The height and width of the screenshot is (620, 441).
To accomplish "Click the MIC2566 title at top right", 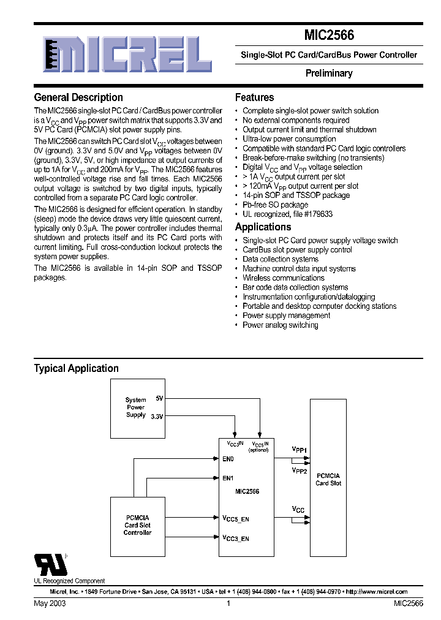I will (x=329, y=36).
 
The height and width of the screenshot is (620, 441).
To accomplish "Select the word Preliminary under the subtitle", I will (x=329, y=74).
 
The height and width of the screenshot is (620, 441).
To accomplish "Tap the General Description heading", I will (x=78, y=97).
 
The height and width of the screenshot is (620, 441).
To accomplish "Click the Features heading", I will (x=254, y=97).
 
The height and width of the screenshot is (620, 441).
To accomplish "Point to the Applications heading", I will (x=263, y=227).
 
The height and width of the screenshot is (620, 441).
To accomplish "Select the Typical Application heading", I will (x=76, y=368).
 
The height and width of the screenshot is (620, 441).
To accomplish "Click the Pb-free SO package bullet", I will (x=275, y=205).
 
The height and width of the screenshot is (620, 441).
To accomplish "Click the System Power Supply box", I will (x=137, y=407).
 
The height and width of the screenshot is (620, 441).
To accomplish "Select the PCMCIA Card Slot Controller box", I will (x=137, y=525).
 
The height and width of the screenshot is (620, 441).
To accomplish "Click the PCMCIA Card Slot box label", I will (x=328, y=479).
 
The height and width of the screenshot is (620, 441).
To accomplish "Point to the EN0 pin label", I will (x=227, y=458).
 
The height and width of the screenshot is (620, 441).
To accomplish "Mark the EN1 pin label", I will (x=227, y=478).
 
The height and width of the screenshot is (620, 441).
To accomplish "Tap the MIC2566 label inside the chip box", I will (x=247, y=491).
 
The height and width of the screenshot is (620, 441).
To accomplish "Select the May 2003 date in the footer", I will (x=50, y=603).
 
